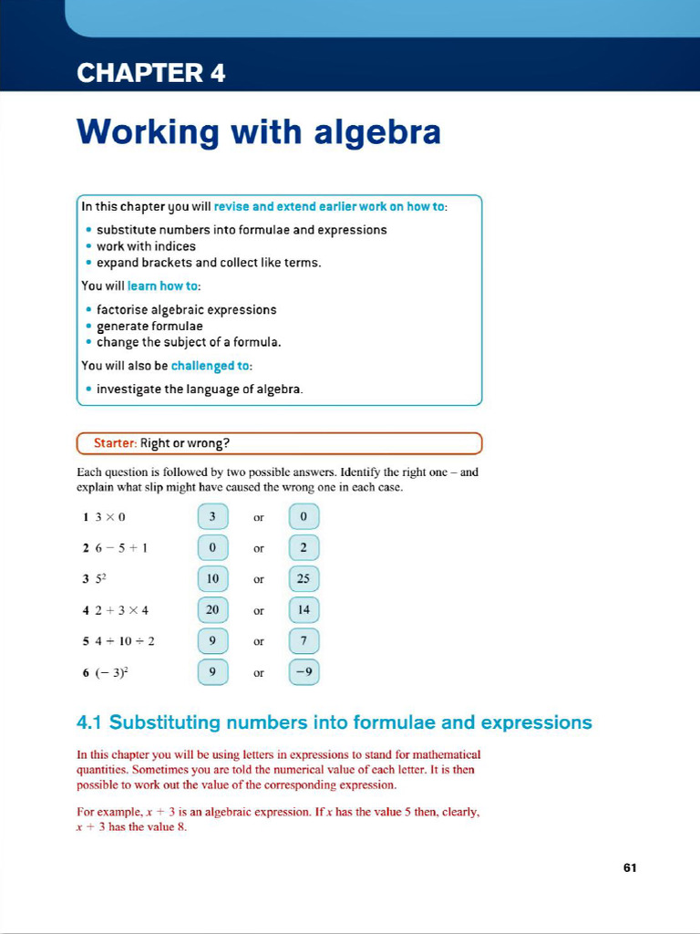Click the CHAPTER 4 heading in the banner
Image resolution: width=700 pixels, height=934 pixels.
tap(151, 73)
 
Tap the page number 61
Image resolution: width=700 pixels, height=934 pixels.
tap(629, 867)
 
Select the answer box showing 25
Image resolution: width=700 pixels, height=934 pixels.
tap(304, 578)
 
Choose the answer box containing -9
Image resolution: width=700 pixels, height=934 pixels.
tap(304, 672)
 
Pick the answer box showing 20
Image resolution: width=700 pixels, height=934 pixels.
tap(212, 609)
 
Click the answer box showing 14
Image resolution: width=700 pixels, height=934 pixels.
tap(304, 609)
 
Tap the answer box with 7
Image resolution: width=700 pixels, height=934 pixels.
tap(304, 641)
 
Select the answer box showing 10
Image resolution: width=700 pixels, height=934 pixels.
tap(212, 578)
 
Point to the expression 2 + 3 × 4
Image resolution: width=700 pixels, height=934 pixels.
tap(118, 610)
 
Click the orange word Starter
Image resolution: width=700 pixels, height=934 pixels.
tap(115, 443)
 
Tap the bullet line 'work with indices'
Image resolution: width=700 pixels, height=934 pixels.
tap(146, 246)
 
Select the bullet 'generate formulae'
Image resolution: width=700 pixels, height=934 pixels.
tap(149, 326)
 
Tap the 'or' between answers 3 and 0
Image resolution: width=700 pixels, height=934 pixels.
tap(259, 517)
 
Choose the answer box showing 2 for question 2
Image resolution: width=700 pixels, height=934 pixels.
tap(304, 547)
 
